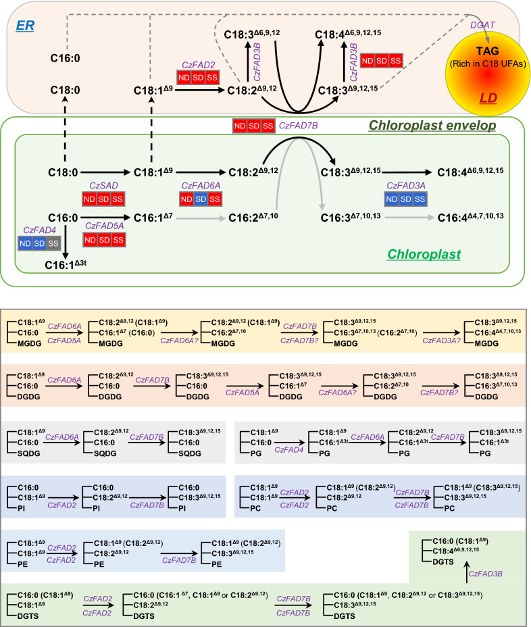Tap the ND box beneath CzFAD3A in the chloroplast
tap(393, 199)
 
